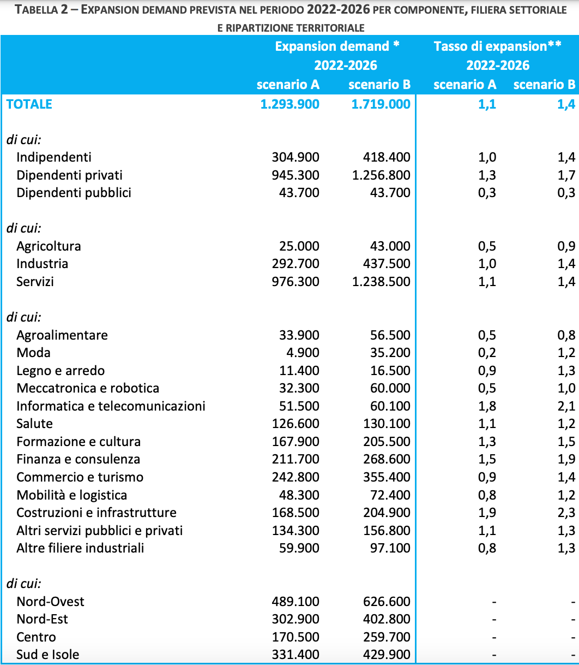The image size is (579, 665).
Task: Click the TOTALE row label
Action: click(x=29, y=104)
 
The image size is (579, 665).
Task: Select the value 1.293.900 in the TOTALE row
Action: click(x=290, y=104)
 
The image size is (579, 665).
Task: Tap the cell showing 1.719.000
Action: click(x=381, y=104)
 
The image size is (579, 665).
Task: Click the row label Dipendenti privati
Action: click(x=69, y=175)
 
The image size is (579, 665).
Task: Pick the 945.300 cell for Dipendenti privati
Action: click(x=295, y=175)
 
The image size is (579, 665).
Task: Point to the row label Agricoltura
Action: click(x=49, y=246)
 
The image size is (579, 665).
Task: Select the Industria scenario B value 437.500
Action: click(x=387, y=264)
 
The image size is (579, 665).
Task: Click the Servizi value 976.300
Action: click(x=295, y=282)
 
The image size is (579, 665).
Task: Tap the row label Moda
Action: click(x=33, y=353)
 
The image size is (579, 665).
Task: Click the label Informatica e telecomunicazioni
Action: click(x=111, y=406)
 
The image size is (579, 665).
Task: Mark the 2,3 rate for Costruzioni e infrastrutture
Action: click(x=566, y=513)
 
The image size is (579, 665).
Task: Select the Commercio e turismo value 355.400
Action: click(x=387, y=477)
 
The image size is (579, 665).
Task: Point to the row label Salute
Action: click(x=34, y=424)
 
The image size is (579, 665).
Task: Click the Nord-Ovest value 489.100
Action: click(x=295, y=602)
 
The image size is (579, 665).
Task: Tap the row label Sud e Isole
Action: click(x=47, y=655)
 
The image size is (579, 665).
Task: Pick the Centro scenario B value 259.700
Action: click(x=387, y=637)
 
